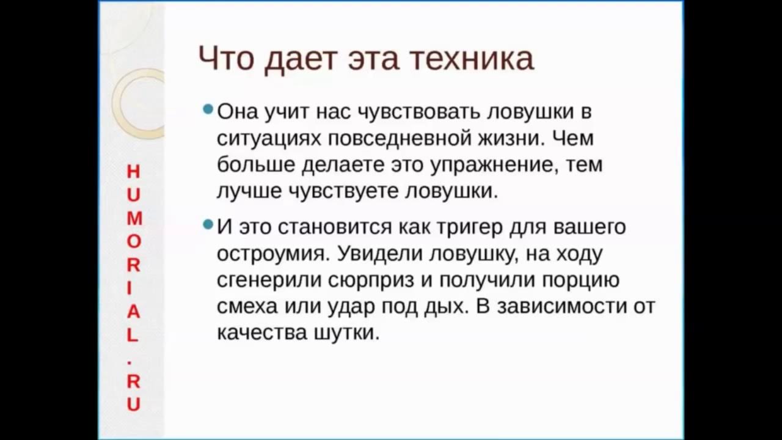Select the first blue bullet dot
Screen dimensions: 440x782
(x=208, y=110)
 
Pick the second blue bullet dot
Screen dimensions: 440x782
(x=208, y=225)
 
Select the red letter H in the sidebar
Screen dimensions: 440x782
(x=133, y=172)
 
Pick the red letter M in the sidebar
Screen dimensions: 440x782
(x=133, y=218)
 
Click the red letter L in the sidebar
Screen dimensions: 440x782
(x=133, y=335)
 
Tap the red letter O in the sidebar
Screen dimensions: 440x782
(x=133, y=241)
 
